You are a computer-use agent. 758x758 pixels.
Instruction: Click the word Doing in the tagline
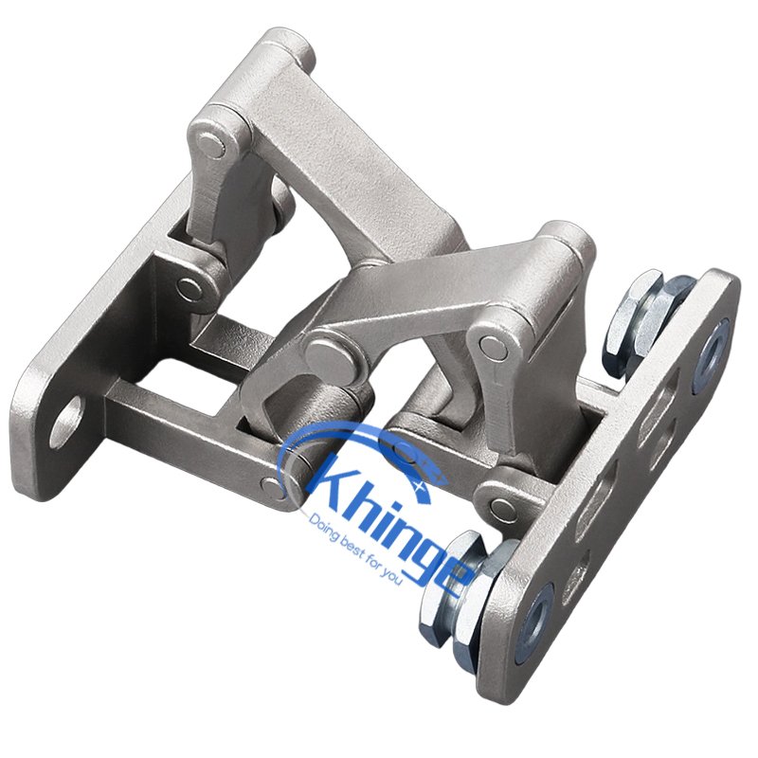tap(320, 527)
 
